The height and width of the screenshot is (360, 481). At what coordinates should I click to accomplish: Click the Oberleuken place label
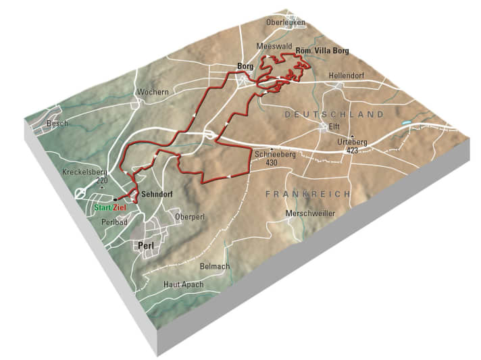click(x=286, y=22)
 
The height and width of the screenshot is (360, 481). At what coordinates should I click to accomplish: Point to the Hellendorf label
click(x=347, y=75)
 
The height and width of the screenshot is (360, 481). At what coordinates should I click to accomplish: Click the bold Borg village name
click(x=245, y=66)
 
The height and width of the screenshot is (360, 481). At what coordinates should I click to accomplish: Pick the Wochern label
click(x=153, y=92)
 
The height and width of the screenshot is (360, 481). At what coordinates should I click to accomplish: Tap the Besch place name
click(x=57, y=124)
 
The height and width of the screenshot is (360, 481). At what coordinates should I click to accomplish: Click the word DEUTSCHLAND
click(x=334, y=115)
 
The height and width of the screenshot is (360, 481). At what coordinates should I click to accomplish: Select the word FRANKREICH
click(x=308, y=194)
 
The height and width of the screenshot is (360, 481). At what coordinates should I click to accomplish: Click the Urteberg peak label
click(x=351, y=143)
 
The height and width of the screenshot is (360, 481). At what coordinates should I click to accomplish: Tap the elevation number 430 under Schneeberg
click(x=272, y=163)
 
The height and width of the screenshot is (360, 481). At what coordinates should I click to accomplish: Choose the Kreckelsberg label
click(x=85, y=172)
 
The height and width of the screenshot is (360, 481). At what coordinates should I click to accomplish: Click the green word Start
click(x=103, y=207)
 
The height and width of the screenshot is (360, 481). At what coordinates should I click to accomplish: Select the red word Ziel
click(x=120, y=207)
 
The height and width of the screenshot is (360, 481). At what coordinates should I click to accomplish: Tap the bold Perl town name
click(x=146, y=247)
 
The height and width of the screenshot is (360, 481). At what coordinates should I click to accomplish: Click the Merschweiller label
click(x=310, y=213)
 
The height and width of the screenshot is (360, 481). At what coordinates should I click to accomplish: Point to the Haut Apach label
click(x=183, y=284)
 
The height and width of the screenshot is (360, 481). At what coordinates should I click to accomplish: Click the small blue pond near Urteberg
click(x=406, y=124)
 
